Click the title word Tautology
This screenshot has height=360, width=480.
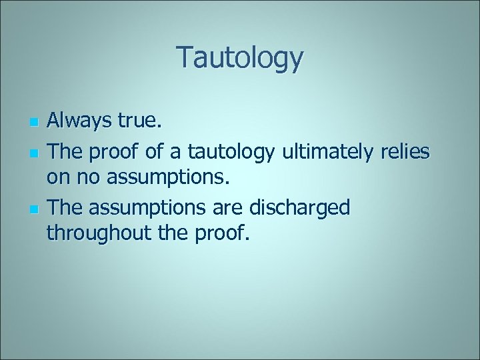click(x=240, y=58)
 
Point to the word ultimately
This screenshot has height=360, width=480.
click(x=324, y=151)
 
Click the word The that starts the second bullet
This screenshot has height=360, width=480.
click(x=63, y=151)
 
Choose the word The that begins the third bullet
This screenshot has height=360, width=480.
click(x=63, y=207)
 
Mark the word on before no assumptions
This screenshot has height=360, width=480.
click(x=57, y=178)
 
